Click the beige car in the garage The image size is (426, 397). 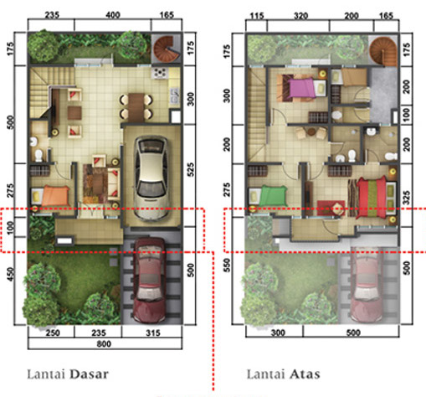click(151, 178)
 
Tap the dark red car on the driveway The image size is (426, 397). click(149, 280)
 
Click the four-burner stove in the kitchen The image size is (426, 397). click(160, 73)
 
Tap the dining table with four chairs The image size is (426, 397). click(136, 107)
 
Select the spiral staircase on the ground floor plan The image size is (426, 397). click(167, 49)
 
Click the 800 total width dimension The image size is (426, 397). click(104, 343)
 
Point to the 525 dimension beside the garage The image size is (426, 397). click(191, 169)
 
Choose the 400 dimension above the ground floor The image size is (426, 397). click(113, 15)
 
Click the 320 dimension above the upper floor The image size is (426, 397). click(300, 16)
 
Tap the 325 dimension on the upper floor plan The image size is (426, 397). click(407, 198)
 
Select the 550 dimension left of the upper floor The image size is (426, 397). click(227, 266)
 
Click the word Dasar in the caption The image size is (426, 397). click(89, 374)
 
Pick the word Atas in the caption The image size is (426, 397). click(305, 374)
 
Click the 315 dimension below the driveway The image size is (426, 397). click(153, 333)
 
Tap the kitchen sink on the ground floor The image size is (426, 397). click(175, 95)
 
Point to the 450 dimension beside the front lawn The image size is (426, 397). click(10, 274)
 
